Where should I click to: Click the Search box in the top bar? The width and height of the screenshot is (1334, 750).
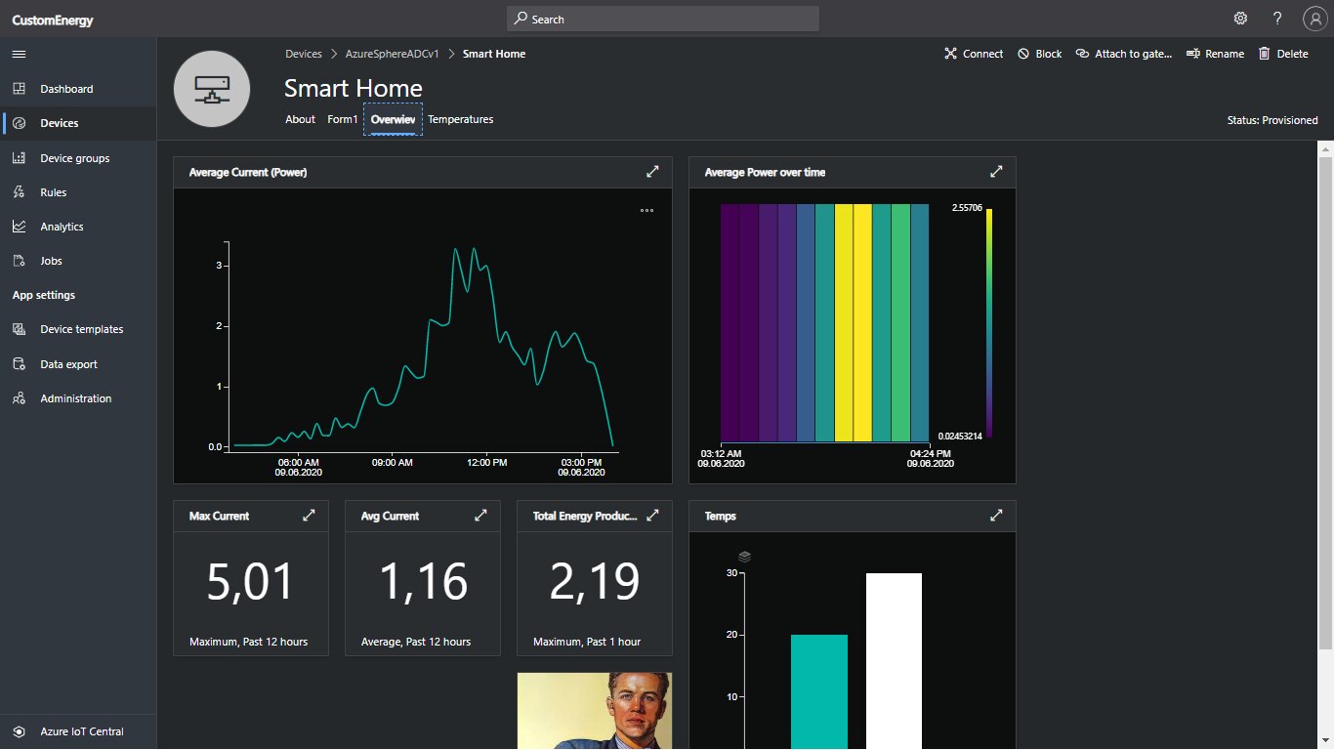(x=662, y=19)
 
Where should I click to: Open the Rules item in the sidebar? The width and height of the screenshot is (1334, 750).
(x=53, y=192)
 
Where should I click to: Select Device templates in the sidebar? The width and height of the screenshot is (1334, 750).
(x=81, y=329)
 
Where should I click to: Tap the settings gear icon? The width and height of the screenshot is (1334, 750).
(x=1240, y=19)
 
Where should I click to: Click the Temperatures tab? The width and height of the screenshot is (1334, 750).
(x=460, y=119)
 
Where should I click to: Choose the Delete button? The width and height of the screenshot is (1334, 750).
(x=1283, y=54)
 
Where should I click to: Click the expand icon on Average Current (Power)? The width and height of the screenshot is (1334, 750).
(x=652, y=172)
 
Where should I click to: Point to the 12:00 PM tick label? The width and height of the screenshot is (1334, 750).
(x=486, y=462)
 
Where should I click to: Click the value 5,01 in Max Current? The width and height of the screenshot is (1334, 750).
(x=250, y=582)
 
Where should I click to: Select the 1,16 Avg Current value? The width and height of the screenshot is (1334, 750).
(x=422, y=582)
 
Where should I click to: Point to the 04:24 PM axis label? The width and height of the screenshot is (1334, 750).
(x=928, y=453)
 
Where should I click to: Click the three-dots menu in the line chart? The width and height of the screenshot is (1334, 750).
(x=646, y=210)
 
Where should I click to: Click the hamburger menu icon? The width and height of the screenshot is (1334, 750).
(x=19, y=54)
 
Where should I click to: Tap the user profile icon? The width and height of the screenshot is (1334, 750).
(x=1313, y=19)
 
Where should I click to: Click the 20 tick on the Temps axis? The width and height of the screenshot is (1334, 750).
(x=731, y=635)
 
